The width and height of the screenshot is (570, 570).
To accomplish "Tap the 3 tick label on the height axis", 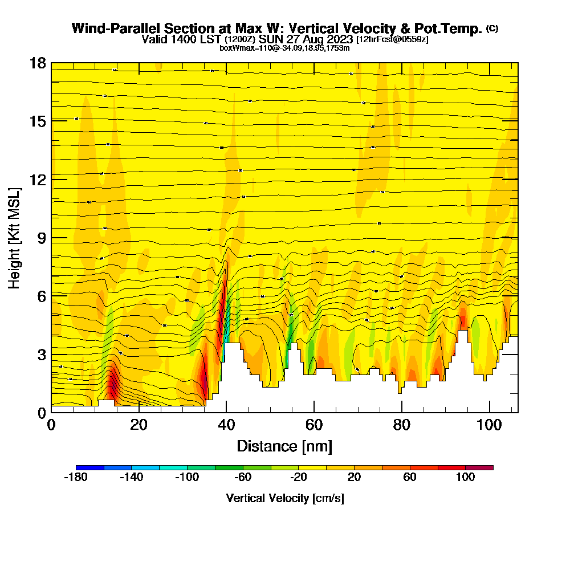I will (x=40, y=354).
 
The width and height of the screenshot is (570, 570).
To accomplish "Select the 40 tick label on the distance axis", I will (x=226, y=425).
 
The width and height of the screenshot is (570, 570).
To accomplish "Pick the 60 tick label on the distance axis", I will (x=314, y=425).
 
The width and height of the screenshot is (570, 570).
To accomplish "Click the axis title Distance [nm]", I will (x=284, y=446).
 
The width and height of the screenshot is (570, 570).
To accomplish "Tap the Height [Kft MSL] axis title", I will (x=14, y=237).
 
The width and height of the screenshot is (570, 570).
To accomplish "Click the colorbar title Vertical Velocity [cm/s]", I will (x=285, y=498).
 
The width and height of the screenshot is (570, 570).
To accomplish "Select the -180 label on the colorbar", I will (x=76, y=478).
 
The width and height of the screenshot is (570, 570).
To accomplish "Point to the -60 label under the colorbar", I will (x=243, y=478).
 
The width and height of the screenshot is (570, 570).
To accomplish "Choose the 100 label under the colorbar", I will (x=466, y=478).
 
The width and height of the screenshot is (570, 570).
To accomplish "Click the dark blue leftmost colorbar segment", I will (x=90, y=467).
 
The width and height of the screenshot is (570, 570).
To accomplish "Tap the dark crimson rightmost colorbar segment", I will (x=479, y=467).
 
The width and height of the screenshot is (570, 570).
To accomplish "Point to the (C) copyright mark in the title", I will (x=492, y=28).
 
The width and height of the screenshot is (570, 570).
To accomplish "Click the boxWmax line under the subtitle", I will (x=284, y=48).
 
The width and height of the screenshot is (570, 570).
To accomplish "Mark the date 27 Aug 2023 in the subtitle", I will (x=318, y=39).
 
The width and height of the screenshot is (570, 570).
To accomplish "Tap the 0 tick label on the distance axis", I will (x=51, y=425).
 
